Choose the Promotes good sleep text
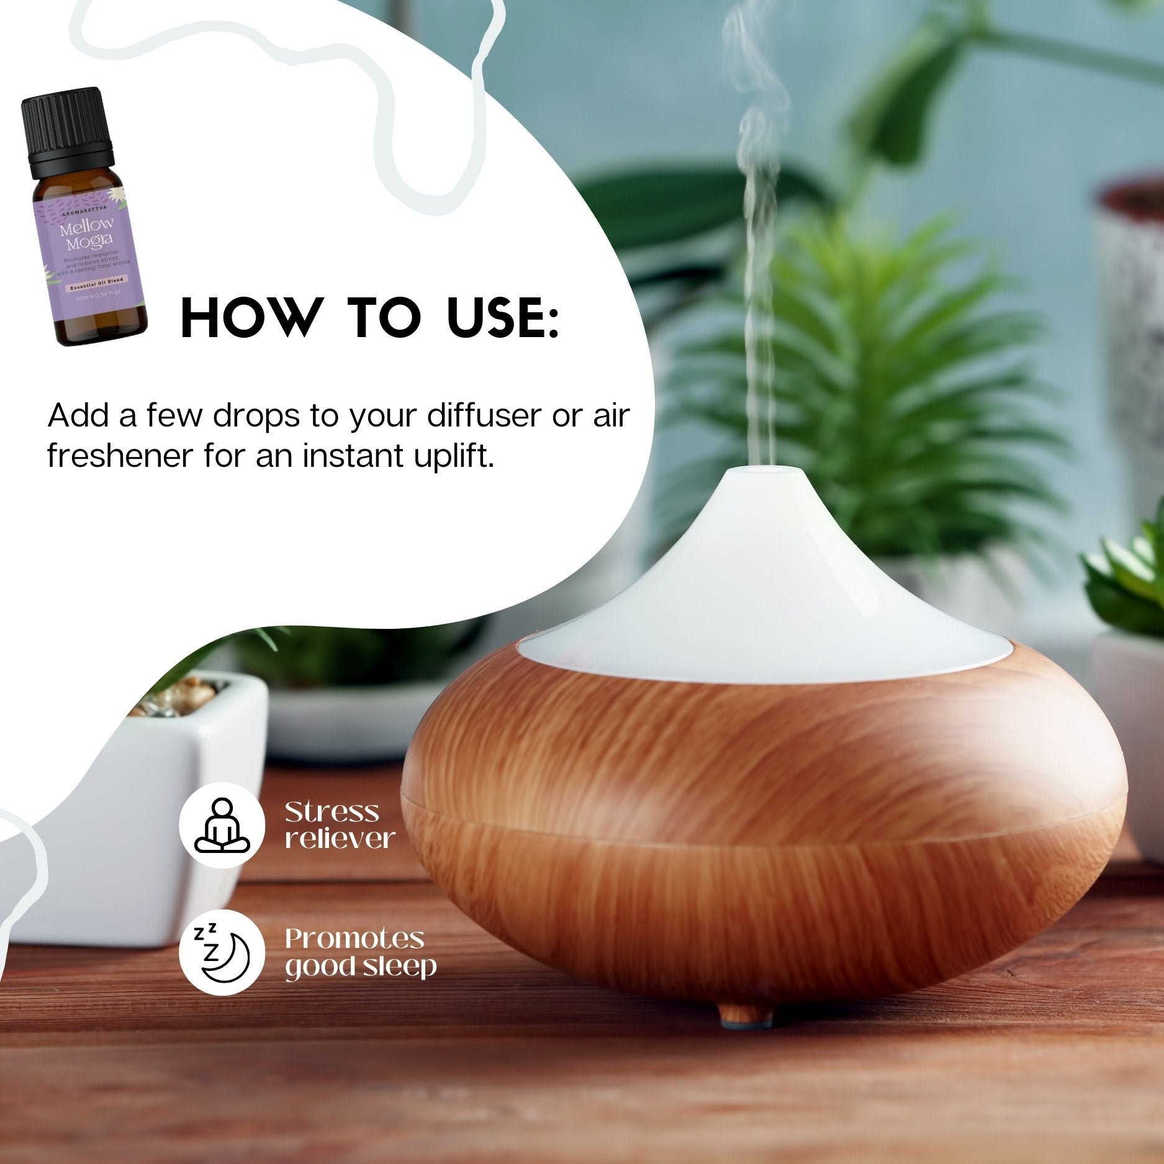click(x=360, y=953)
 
